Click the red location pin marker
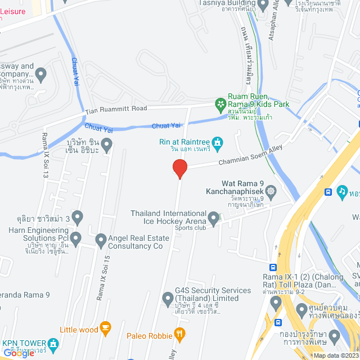179,168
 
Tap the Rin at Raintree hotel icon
218,142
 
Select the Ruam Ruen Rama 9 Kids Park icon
220,104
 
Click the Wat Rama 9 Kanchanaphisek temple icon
271,191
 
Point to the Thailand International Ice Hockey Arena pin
213,217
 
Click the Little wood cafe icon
105,327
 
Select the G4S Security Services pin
167,296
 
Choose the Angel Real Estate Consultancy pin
101,241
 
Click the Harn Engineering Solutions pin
76,237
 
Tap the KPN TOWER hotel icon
53,343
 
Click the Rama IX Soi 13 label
45,156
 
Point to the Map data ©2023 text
336,355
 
